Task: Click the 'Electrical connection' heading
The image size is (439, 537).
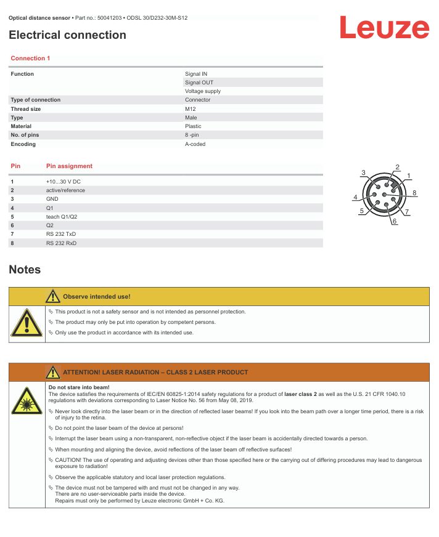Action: pyautogui.click(x=67, y=35)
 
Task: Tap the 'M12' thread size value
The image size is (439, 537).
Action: pyautogui.click(x=191, y=109)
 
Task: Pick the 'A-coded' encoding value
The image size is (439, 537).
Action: pyautogui.click(x=195, y=144)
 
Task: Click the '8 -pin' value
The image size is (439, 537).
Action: pyautogui.click(x=192, y=135)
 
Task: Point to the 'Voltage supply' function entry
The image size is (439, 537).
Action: pyautogui.click(x=203, y=91)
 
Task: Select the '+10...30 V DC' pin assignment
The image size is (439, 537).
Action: pyautogui.click(x=64, y=182)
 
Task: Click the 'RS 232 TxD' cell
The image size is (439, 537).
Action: pyautogui.click(x=61, y=234)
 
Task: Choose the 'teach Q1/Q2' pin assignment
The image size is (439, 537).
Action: pyautogui.click(x=62, y=217)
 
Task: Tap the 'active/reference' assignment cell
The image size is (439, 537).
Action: pyautogui.click(x=65, y=190)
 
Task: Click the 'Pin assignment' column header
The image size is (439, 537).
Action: pyautogui.click(x=69, y=166)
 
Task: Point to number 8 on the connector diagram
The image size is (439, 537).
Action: pyautogui.click(x=414, y=193)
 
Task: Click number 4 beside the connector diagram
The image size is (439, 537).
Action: pyautogui.click(x=356, y=198)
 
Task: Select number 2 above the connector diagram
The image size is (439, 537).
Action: pyautogui.click(x=398, y=167)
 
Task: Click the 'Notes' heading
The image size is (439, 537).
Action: pyautogui.click(x=25, y=270)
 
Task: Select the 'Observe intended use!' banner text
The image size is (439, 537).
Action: pyautogui.click(x=97, y=296)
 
